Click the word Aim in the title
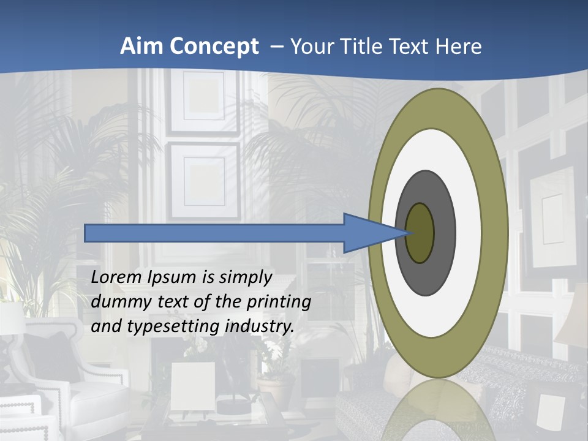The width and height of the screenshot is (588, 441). point(141,47)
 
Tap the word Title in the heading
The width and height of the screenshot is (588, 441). point(363,47)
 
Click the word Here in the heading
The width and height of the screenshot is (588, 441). point(459,47)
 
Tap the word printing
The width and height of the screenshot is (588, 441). point(279,302)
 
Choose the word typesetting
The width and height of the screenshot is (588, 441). point(174,326)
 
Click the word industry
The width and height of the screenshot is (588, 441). point(260,326)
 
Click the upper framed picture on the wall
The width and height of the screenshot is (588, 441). point(204,102)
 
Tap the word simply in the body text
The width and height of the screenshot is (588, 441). point(245,277)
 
